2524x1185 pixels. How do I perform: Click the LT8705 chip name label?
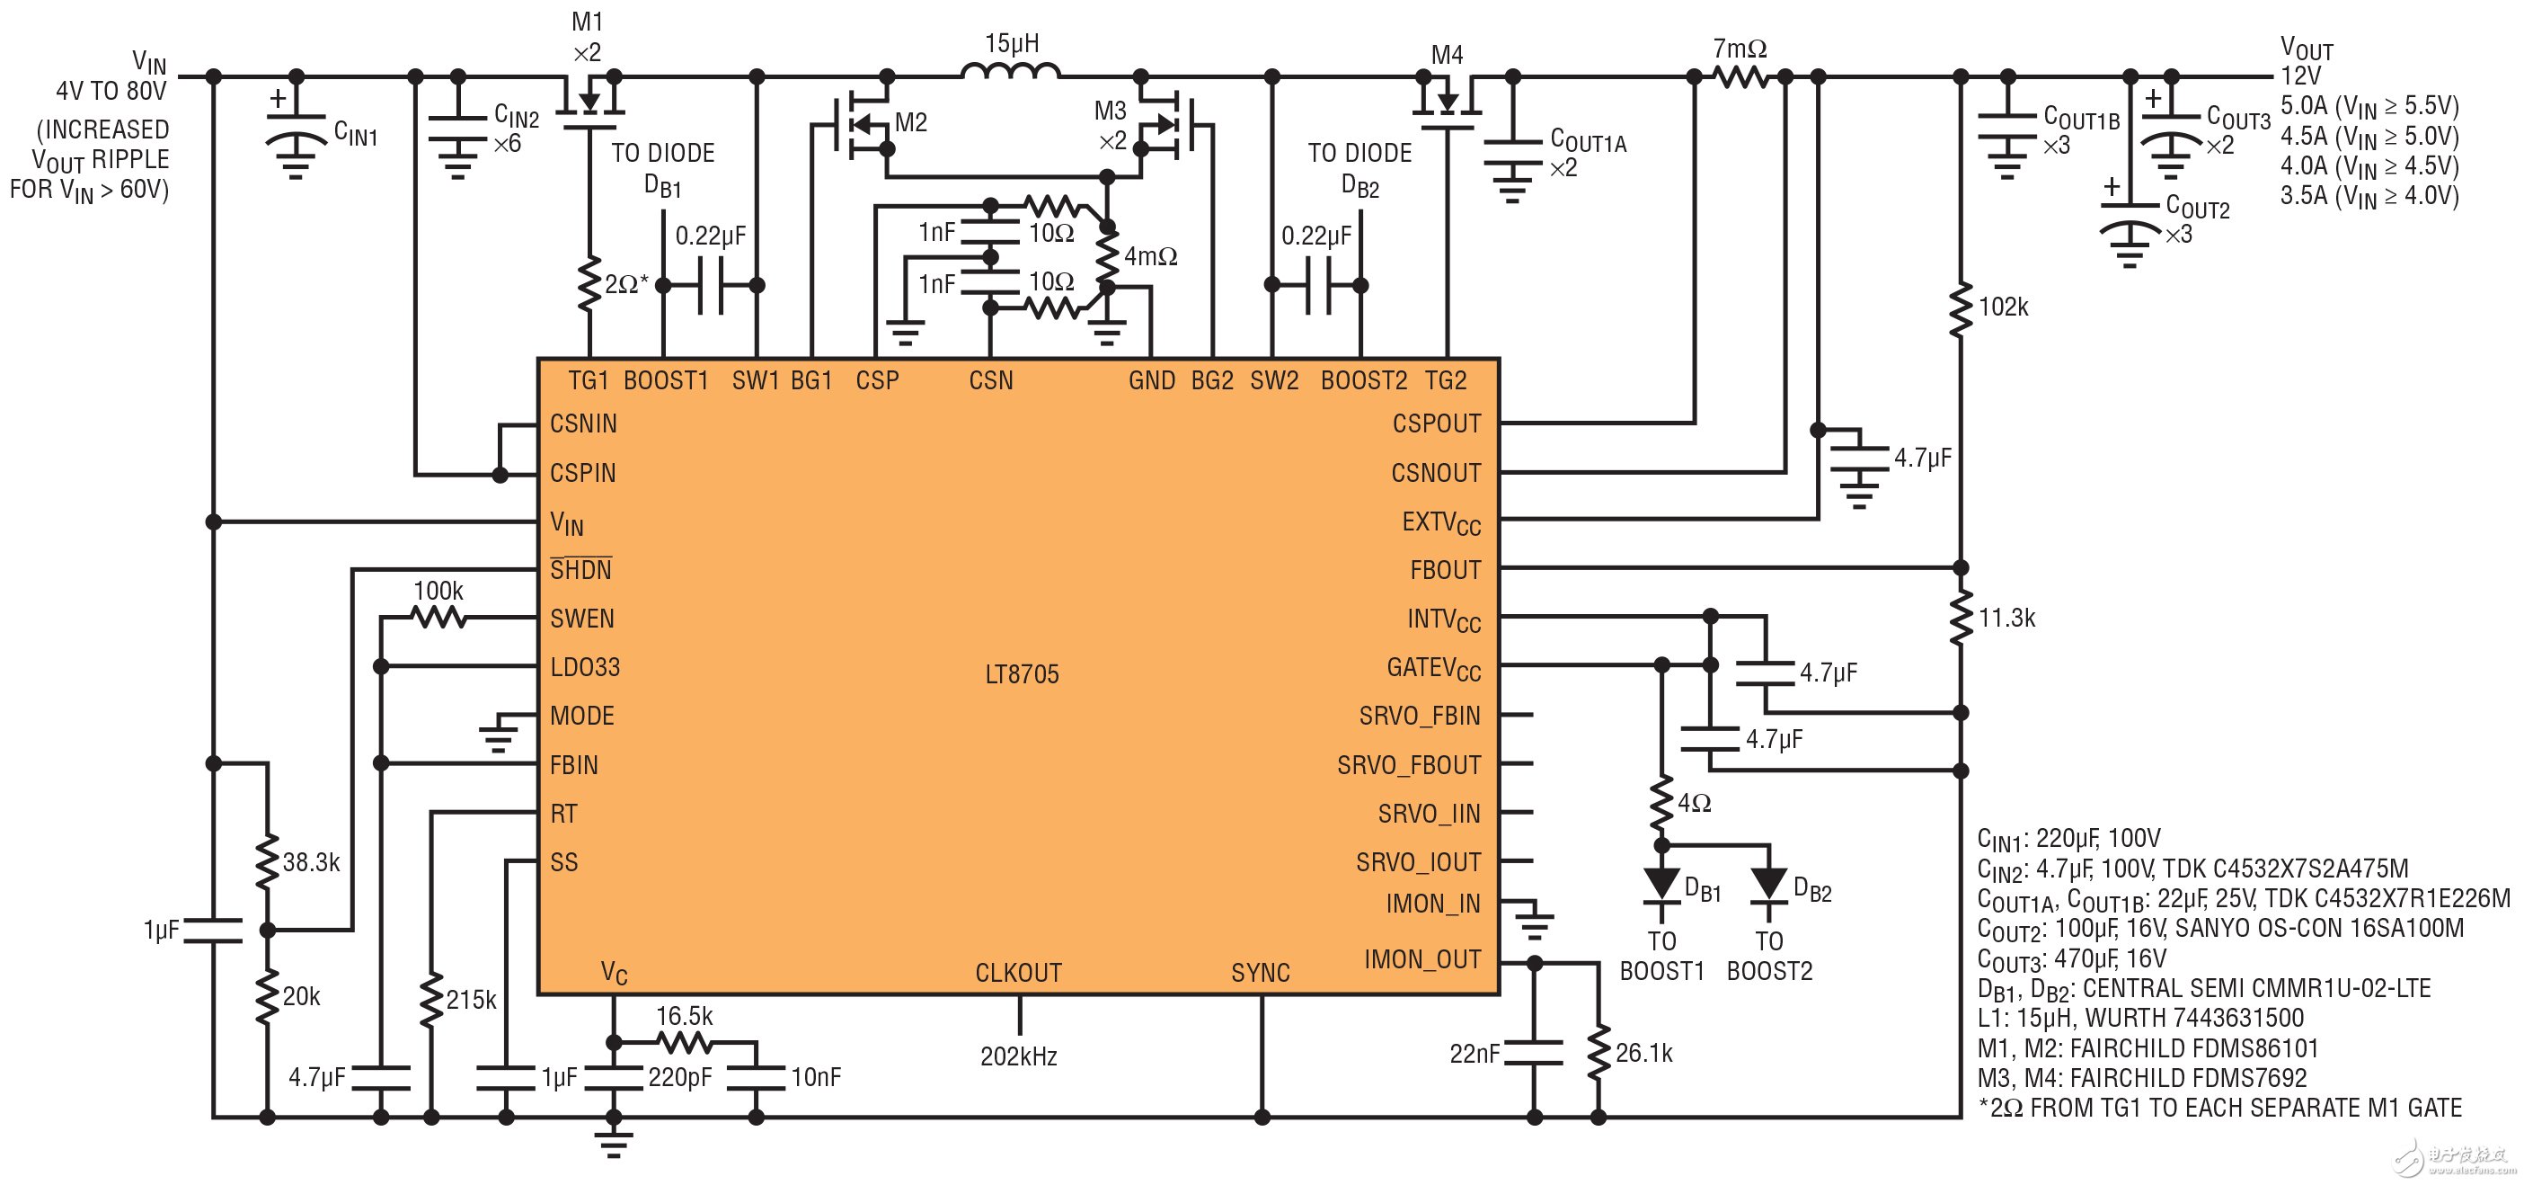(x=1021, y=674)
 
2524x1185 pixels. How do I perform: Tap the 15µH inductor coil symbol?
(x=1010, y=73)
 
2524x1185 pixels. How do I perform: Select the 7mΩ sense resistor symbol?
(x=1740, y=76)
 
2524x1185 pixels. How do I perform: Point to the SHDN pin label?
(x=580, y=569)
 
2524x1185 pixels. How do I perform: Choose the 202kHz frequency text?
(x=1018, y=1056)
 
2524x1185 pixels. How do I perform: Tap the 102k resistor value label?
(x=2004, y=307)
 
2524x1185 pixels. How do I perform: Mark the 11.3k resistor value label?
(x=2006, y=619)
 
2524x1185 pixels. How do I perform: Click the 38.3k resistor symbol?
(x=267, y=861)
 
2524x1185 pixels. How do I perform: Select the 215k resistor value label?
(x=472, y=1000)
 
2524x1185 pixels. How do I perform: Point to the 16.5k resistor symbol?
(x=684, y=1041)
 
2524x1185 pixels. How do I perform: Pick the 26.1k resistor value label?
(x=1644, y=1054)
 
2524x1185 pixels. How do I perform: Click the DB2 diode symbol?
(x=1767, y=884)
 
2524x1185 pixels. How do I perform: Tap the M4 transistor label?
(x=1447, y=55)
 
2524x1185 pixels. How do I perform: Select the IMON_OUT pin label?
(x=1421, y=959)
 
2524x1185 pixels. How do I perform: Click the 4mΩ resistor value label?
(x=1150, y=257)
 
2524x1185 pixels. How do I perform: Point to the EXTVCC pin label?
(x=1440, y=522)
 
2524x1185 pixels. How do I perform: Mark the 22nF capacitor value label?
(x=1475, y=1054)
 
